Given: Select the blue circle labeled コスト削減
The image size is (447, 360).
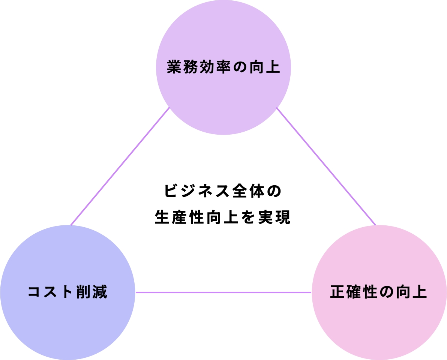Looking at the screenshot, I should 67,322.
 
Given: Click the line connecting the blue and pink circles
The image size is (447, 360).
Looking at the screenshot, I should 223,292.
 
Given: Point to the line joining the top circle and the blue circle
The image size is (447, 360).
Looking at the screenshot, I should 120,167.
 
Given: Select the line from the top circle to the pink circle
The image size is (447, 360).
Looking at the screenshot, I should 326,167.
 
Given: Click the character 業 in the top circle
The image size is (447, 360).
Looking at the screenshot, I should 174,67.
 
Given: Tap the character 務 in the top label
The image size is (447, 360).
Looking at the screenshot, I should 190,67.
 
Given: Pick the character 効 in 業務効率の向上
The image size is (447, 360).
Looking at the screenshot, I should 207,67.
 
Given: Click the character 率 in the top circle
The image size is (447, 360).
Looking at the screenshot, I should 223,67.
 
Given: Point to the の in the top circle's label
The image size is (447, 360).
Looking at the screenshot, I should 240,68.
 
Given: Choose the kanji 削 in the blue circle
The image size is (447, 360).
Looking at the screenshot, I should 84,292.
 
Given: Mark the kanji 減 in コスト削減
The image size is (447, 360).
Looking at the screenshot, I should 100,292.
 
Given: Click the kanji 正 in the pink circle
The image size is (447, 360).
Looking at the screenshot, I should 337,292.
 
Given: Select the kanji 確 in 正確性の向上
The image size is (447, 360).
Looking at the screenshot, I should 354,292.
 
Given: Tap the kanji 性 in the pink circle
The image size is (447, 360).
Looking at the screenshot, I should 370,292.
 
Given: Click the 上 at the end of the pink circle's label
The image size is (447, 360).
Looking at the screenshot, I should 420,292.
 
